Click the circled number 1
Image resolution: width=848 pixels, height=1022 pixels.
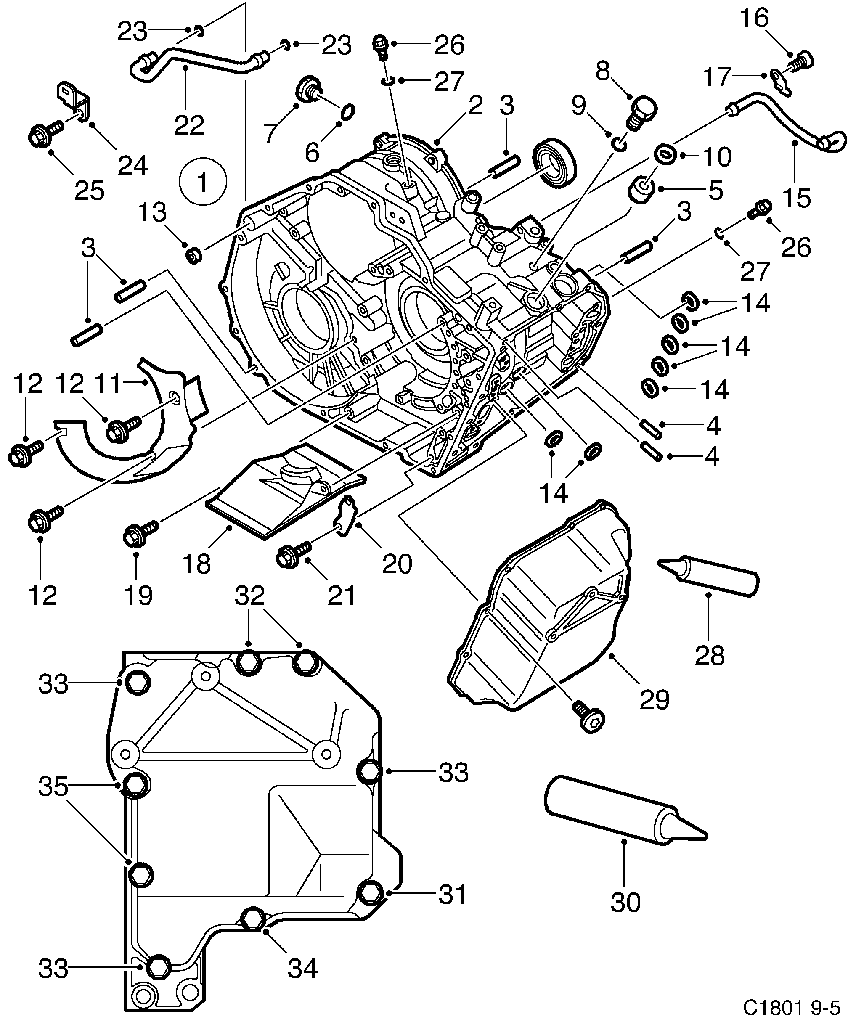point(202,182)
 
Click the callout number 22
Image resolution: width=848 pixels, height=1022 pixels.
point(189,126)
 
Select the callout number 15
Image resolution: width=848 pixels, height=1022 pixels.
point(797,198)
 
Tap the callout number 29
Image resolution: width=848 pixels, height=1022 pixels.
point(655,700)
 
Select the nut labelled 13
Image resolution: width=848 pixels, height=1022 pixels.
point(194,254)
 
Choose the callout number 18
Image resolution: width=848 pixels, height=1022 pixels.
point(197,564)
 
